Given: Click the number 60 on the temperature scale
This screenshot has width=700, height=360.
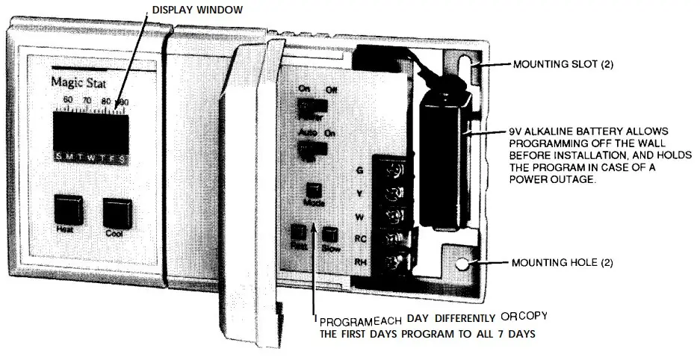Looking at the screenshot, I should point(68,99).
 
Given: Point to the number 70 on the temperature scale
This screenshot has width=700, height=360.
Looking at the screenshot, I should point(87,99).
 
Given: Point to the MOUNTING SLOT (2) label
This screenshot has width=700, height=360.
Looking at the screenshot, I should point(563,65).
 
